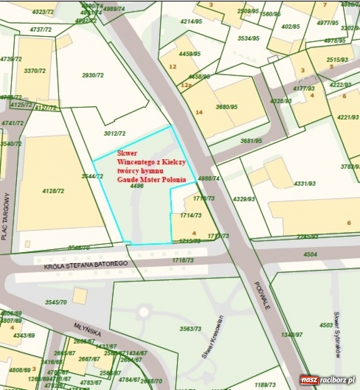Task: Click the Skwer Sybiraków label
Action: pos(337,334)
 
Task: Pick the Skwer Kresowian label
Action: pos(213,337)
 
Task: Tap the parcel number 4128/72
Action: pos(53,191)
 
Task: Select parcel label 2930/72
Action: pos(93,75)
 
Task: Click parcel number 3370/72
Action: pos(35,71)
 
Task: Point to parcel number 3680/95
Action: pos(227,107)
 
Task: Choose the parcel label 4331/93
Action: pos(304,183)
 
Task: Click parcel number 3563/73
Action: pos(190,329)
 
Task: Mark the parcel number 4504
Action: pos(310,254)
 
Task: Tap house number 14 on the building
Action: pos(199,112)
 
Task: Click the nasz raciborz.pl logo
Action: pos(327,380)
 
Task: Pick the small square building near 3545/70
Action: pos(80,296)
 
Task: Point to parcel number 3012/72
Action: pos(115,133)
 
